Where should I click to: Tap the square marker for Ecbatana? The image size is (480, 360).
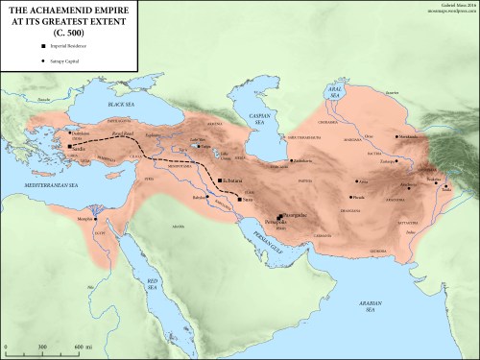coord(220,180)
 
